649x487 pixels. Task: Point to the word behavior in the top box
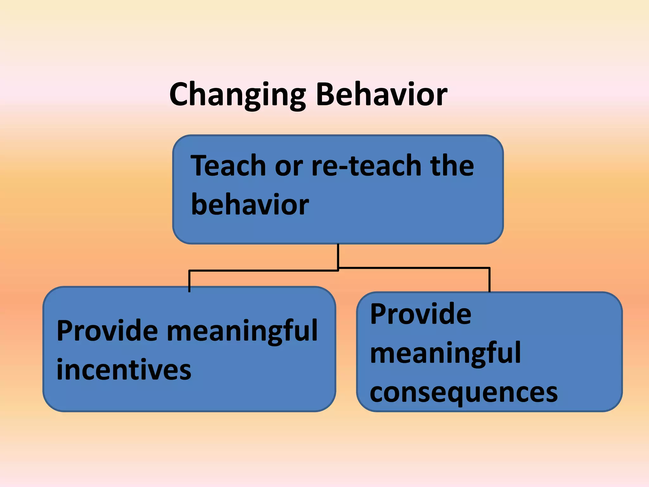250,205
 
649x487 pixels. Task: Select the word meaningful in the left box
242,332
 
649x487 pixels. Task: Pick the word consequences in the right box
463,393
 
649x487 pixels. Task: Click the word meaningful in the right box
445,354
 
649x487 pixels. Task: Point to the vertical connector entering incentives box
189,280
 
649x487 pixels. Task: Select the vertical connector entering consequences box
490,279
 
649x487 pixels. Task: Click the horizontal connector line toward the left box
263,270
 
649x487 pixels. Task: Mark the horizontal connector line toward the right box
414,268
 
